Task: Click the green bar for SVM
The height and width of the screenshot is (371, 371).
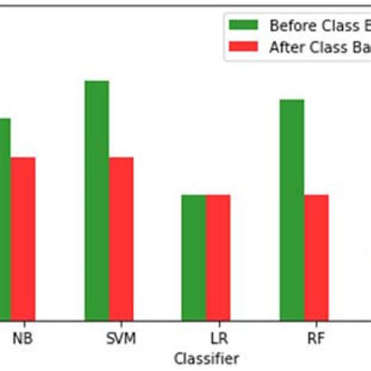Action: point(96,200)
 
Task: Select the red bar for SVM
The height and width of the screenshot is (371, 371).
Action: point(121,238)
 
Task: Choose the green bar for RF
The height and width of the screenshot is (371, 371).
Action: point(291,209)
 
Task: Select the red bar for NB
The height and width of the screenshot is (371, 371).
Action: point(23,238)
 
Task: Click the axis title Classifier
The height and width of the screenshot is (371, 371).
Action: point(207,358)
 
